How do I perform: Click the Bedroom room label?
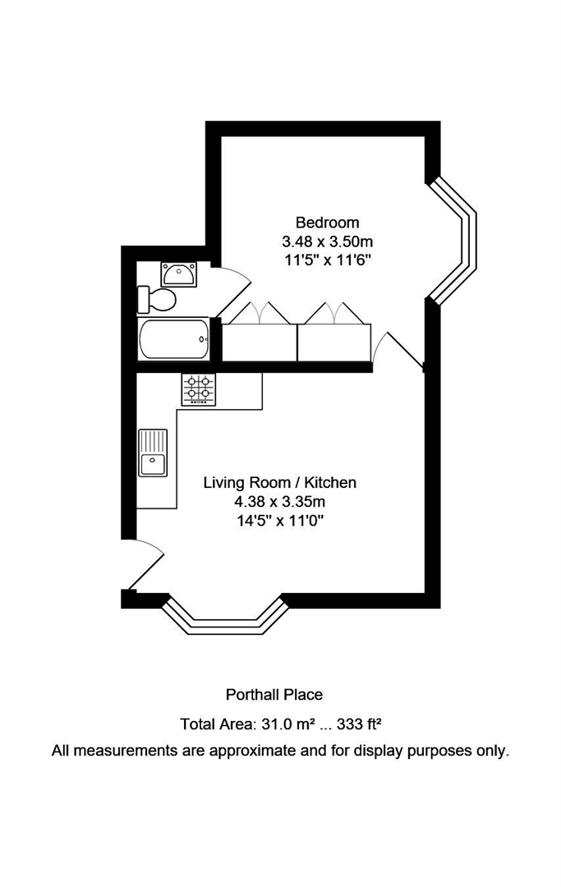coord(327,222)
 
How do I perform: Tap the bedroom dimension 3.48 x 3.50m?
coord(327,241)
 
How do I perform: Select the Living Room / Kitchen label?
coord(279,483)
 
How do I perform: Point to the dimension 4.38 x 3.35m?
coord(279,502)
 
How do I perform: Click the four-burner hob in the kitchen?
coord(200,389)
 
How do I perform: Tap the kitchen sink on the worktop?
coord(153,453)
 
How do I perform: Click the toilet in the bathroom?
coord(157,299)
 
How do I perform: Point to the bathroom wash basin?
coord(177,273)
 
